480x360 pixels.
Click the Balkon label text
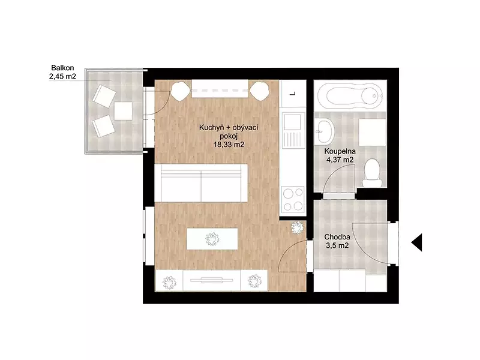[62, 68]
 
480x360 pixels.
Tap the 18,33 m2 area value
[229, 145]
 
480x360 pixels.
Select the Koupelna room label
[340, 151]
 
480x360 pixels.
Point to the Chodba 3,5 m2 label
[337, 241]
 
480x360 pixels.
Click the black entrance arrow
[417, 242]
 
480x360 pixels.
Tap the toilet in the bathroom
[372, 173]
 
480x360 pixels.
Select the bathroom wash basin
[325, 131]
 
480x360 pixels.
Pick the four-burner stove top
[293, 200]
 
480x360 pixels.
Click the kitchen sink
[293, 129]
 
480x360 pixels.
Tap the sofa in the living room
[201, 183]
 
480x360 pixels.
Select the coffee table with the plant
[212, 239]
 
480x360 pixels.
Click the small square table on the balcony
[124, 111]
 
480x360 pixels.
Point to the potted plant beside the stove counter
[296, 228]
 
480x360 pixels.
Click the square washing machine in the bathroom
[372, 132]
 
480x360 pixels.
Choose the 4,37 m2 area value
[340, 160]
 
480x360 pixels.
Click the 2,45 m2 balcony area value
[62, 76]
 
